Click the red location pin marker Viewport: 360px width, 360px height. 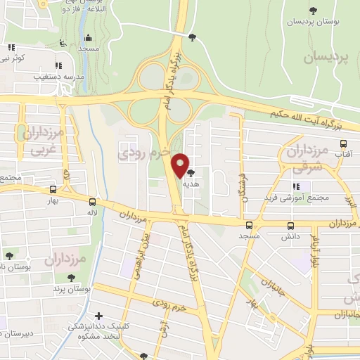click(x=181, y=166)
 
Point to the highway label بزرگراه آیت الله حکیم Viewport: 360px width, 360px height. click(x=314, y=117)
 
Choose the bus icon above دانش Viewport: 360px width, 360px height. click(x=291, y=226)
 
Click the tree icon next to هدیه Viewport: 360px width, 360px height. click(x=191, y=172)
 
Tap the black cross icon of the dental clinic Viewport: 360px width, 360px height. click(x=98, y=316)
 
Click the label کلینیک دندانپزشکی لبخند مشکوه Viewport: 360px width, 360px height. click(x=95, y=332)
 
